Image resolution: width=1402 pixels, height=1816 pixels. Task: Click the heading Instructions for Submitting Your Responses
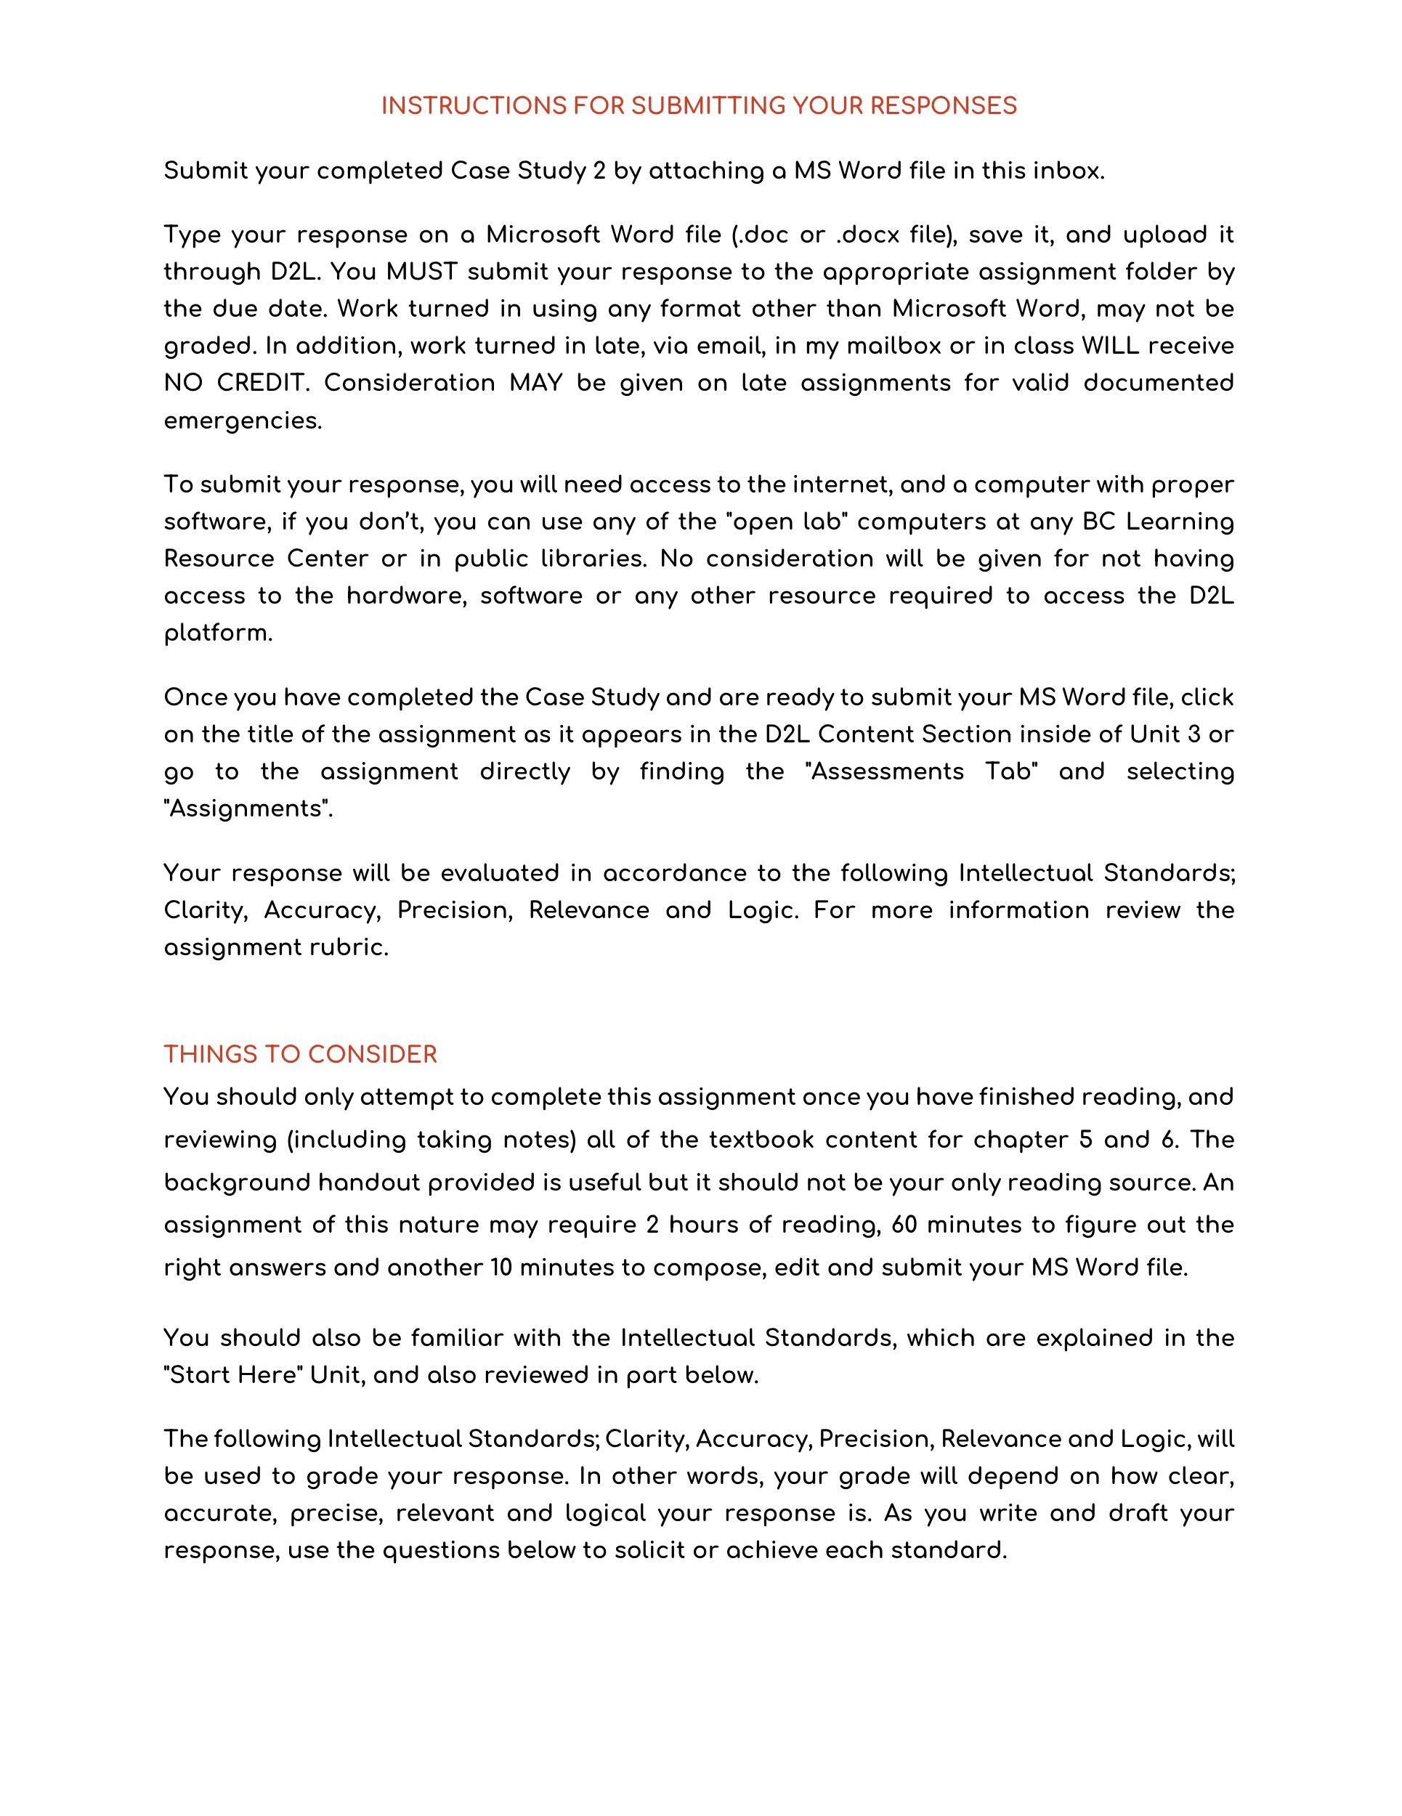click(x=699, y=105)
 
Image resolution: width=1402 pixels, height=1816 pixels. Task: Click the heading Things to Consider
click(x=300, y=1054)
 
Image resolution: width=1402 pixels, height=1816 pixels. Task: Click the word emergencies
click(x=242, y=421)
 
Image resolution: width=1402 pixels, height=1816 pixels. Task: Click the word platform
click(x=218, y=633)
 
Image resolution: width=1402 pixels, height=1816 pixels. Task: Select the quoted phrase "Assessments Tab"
click(x=921, y=771)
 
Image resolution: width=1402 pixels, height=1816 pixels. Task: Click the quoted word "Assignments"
click(x=248, y=809)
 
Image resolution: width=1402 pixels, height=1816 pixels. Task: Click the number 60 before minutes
click(x=903, y=1225)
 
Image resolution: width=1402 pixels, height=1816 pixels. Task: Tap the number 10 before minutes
click(x=501, y=1268)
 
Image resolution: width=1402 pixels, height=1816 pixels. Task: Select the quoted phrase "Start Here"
click(x=234, y=1375)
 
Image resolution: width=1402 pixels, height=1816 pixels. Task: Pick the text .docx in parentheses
click(x=868, y=235)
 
